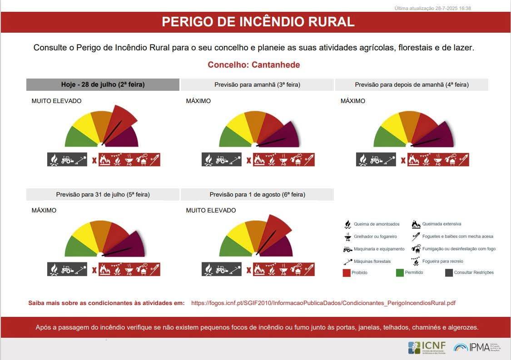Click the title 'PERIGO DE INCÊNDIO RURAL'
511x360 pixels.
(x=258, y=22)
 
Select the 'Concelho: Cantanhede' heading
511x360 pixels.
(x=253, y=65)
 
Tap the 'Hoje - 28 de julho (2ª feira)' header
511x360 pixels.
(x=103, y=84)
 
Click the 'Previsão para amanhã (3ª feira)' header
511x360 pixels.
(x=257, y=84)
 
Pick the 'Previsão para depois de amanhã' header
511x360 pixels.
(x=412, y=84)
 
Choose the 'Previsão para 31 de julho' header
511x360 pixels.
(x=103, y=194)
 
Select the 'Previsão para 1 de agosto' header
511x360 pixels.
(x=257, y=194)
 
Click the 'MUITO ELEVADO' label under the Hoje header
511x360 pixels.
(x=56, y=101)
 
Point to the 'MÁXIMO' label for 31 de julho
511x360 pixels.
(x=44, y=211)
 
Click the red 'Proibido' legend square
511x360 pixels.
(x=347, y=272)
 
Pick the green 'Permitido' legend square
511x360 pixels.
(x=400, y=272)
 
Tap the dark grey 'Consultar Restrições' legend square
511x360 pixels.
(x=449, y=272)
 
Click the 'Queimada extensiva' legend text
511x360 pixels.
(x=442, y=224)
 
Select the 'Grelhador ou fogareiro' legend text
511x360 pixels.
(x=375, y=237)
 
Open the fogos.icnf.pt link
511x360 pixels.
(x=323, y=303)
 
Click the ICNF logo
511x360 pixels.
(x=427, y=347)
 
